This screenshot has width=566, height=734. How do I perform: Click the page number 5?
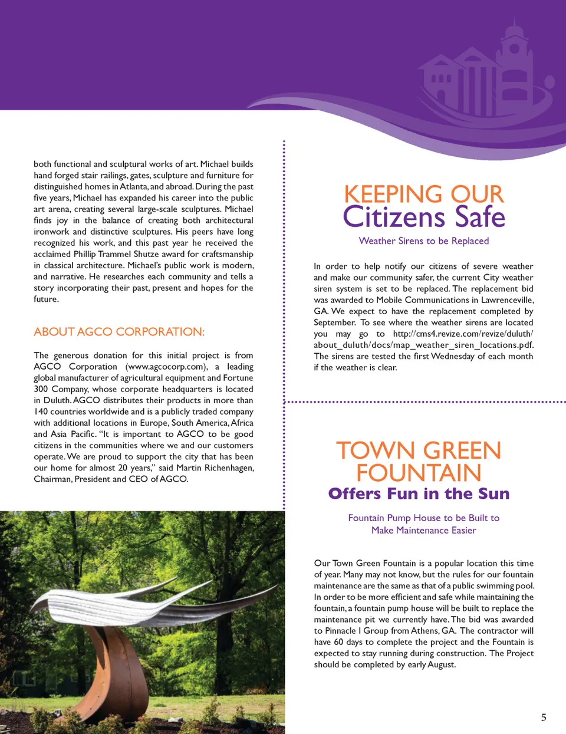tap(544, 717)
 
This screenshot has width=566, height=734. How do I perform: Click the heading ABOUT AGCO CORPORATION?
tap(119, 332)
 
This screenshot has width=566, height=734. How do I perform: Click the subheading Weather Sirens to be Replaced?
tap(423, 241)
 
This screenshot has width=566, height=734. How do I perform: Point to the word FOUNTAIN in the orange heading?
tap(419, 473)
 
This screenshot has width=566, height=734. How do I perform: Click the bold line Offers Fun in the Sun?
tap(419, 493)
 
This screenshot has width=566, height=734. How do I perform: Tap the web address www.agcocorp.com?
tap(167, 367)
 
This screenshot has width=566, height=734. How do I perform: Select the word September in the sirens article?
tap(334, 322)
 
